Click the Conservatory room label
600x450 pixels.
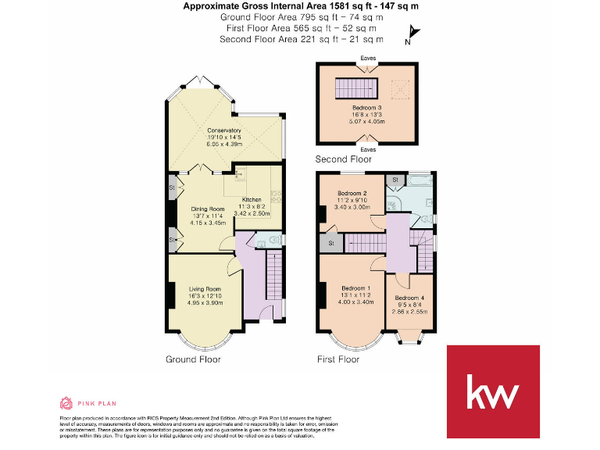coord(223,130)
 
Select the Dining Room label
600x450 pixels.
coord(208,209)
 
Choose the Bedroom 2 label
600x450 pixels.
coord(352,193)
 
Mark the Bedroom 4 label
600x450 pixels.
coord(410,298)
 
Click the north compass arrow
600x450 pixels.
coord(412,33)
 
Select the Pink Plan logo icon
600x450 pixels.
coord(66,403)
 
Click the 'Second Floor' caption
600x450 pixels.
coord(343,159)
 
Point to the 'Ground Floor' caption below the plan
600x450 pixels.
coord(193,359)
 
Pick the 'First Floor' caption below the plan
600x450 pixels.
coord(337,359)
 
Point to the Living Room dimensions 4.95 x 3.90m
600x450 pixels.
coord(206,303)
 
